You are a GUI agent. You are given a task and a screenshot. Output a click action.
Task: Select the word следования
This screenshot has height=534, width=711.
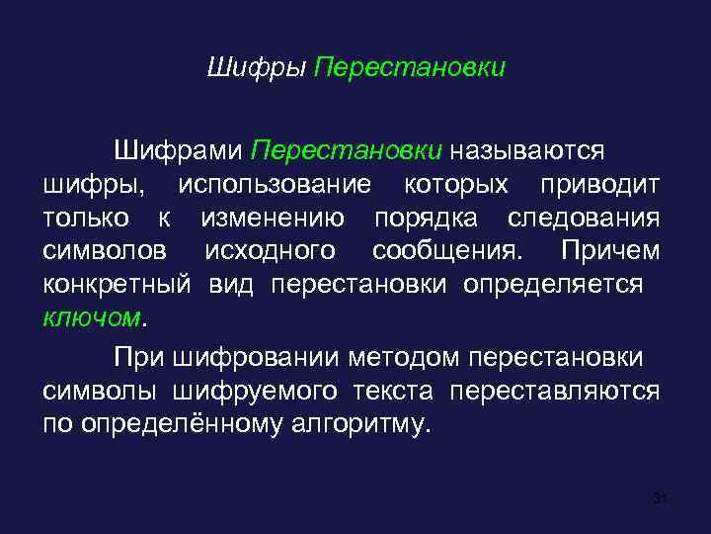tap(585, 218)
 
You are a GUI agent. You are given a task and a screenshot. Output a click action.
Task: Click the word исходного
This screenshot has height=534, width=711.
tap(269, 251)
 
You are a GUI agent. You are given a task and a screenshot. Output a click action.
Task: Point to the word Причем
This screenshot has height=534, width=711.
tap(609, 251)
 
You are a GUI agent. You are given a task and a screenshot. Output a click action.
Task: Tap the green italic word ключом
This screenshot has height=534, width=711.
tap(92, 318)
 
